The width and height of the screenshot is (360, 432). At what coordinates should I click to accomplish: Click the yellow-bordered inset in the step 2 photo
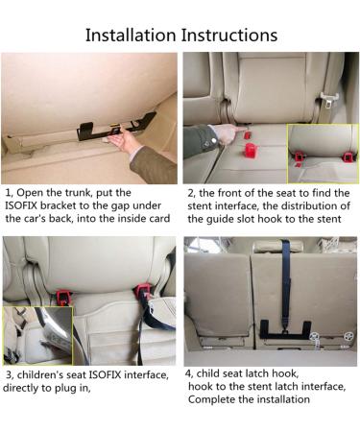tap(322, 153)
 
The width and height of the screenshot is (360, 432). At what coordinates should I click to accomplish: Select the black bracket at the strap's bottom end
tap(286, 331)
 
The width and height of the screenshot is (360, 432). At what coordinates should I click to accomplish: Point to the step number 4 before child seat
tap(189, 372)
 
